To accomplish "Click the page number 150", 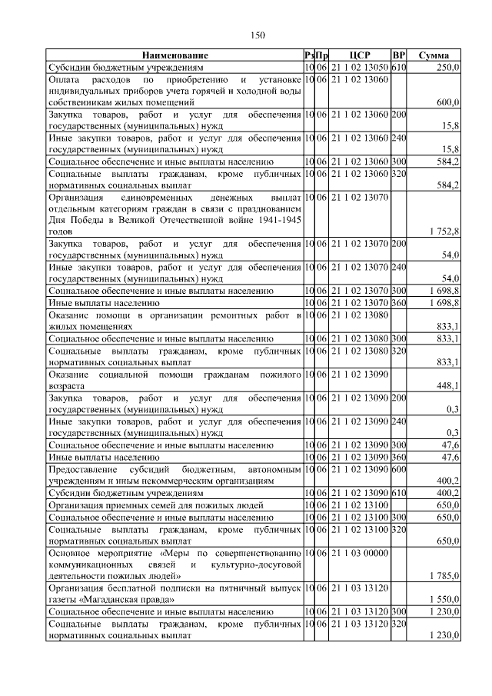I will (x=258, y=35).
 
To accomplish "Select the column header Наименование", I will (x=175, y=56).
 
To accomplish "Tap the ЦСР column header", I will (x=360, y=56).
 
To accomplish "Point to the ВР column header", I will (x=398, y=56).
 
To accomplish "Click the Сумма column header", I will (x=434, y=56).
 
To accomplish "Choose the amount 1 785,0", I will (x=444, y=575).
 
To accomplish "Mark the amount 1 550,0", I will (x=444, y=598).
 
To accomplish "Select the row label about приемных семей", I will (x=156, y=505).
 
